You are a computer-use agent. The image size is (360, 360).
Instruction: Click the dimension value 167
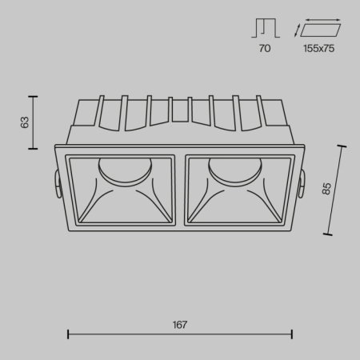pyautogui.click(x=179, y=324)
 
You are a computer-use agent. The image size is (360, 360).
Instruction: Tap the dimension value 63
pyautogui.click(x=25, y=122)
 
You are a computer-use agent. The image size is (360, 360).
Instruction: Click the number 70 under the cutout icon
pyautogui.click(x=264, y=49)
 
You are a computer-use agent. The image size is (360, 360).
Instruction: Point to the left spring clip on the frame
pyautogui.click(x=58, y=185)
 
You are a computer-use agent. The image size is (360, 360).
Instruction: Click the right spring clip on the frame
pyautogui.click(x=302, y=185)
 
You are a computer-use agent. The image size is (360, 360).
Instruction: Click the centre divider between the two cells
pyautogui.click(x=180, y=189)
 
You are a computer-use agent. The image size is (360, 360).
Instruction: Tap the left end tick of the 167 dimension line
pyautogui.click(x=67, y=334)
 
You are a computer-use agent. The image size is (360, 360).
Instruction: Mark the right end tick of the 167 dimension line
pyautogui.click(x=292, y=334)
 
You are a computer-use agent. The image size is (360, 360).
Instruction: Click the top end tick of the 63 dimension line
pyautogui.click(x=33, y=97)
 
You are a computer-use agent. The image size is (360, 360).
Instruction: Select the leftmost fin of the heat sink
pyautogui.click(x=101, y=111)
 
